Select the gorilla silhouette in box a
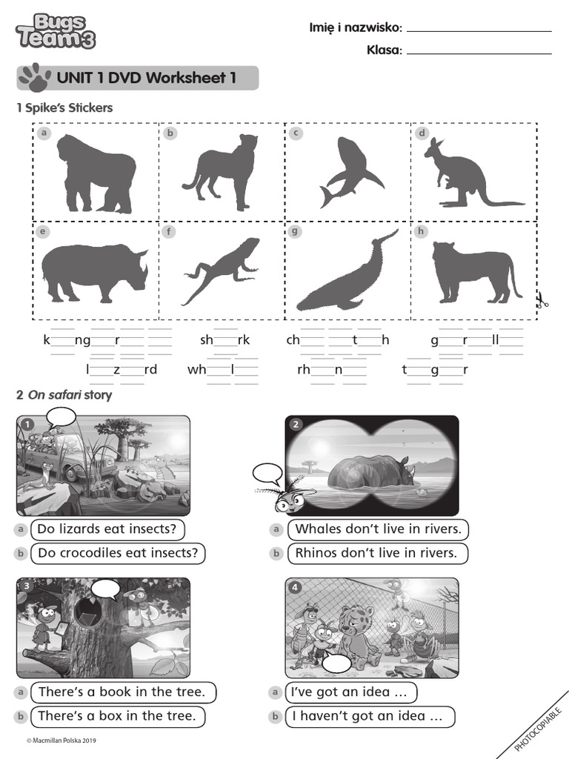[96, 174]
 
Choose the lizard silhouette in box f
[223, 270]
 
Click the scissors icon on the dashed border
[542, 300]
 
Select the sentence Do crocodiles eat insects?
[119, 553]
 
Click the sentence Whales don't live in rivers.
[378, 529]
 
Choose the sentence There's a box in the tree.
[117, 716]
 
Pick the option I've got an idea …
[350, 692]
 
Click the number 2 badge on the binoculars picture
[296, 425]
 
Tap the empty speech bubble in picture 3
[105, 589]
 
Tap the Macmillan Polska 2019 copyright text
[61, 740]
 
